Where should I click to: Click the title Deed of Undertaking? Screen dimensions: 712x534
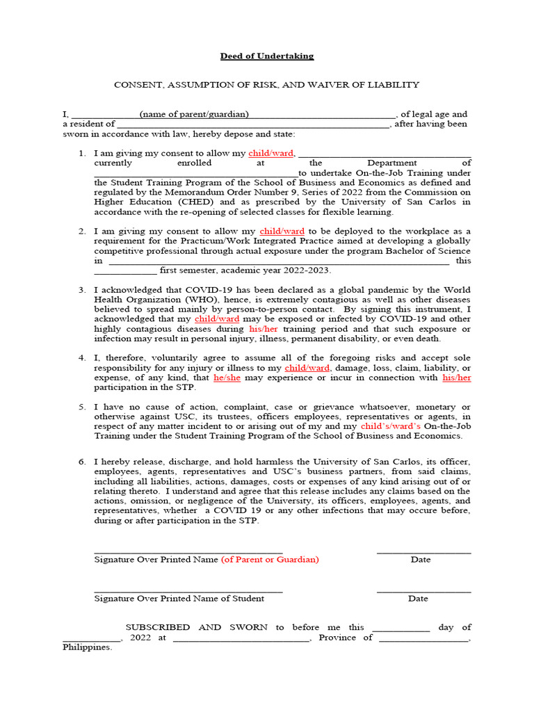point(267,56)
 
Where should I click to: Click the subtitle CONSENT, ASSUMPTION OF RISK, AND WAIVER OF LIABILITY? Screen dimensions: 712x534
point(267,85)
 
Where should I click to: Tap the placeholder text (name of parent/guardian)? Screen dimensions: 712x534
point(193,114)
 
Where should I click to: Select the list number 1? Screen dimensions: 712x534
point(81,153)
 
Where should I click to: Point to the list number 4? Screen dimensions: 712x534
point(81,357)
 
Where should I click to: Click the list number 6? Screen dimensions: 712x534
point(81,462)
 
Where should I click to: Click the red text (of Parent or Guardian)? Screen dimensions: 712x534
point(270,559)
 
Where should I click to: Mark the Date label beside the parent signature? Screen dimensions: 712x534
point(420,559)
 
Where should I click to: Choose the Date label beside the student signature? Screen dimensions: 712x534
point(418,598)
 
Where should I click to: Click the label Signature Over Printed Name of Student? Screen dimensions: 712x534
point(179,598)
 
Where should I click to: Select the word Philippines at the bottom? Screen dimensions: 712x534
point(86,647)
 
